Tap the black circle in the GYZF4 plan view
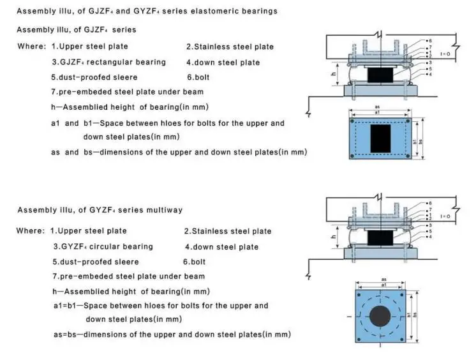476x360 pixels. coord(381,315)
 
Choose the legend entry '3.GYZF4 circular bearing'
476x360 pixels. coord(103,247)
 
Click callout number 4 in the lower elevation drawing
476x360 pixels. coord(429,237)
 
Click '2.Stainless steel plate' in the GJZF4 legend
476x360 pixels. coord(230,47)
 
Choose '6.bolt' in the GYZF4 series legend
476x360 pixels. coord(195,262)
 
